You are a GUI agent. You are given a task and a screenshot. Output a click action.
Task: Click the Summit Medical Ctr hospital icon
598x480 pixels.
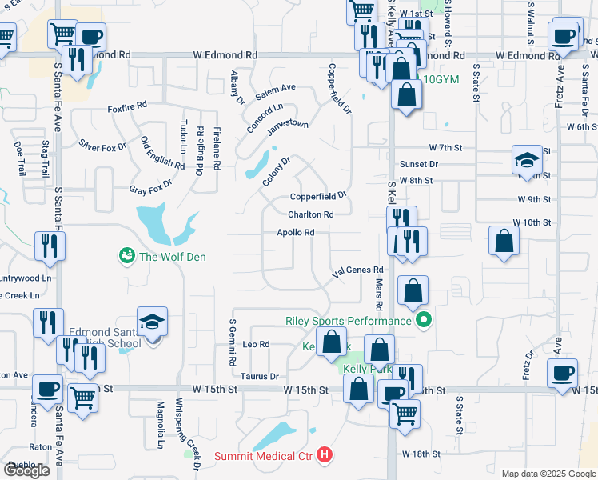coord(325,457)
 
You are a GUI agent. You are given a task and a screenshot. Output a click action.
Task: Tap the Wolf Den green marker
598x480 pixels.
coord(126,256)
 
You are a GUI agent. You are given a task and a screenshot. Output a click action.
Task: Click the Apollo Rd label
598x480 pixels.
coord(295,233)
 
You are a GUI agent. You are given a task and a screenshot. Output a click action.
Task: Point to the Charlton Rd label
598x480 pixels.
coord(310,214)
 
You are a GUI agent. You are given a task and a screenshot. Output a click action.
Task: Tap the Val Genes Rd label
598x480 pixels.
coord(358,270)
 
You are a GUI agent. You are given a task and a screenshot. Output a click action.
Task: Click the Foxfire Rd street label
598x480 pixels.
coord(128,106)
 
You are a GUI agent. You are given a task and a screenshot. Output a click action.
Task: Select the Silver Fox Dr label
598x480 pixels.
coord(102,146)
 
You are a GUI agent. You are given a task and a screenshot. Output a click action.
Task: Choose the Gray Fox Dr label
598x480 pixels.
coord(151,190)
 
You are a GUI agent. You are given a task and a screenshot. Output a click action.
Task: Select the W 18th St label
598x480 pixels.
coord(423,454)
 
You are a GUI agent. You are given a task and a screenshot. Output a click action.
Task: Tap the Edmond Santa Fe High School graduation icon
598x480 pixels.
coord(152,322)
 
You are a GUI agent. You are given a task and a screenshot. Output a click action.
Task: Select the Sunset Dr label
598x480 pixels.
coord(419,164)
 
